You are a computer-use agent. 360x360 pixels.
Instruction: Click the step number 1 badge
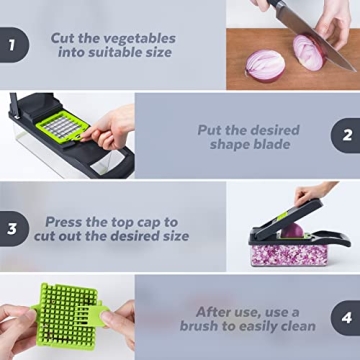(x=11, y=45)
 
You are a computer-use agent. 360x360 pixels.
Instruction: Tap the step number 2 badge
(x=347, y=135)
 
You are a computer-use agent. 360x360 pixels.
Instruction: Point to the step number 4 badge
(x=347, y=318)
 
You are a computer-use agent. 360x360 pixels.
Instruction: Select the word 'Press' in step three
(x=66, y=220)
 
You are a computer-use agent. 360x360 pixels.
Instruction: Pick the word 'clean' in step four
(x=295, y=326)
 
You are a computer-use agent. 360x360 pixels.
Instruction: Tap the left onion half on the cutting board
(x=267, y=65)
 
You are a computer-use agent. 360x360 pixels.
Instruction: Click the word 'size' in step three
(x=172, y=236)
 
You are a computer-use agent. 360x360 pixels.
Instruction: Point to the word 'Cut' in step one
(x=66, y=39)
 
